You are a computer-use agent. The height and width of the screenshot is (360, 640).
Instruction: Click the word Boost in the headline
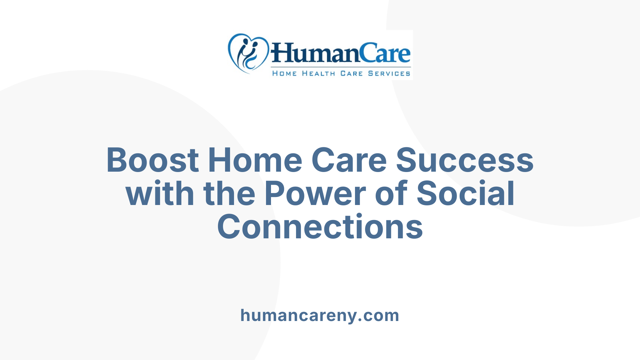click(x=153, y=160)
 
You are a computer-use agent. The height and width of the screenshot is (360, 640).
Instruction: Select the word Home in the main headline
click(x=255, y=160)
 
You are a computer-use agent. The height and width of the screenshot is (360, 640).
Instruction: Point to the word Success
click(x=465, y=160)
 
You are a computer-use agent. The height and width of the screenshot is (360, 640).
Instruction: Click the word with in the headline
click(x=160, y=194)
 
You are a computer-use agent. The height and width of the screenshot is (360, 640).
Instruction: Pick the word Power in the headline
click(x=315, y=194)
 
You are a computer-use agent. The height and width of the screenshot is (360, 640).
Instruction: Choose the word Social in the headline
click(x=466, y=194)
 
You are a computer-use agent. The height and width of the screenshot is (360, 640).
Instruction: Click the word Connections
click(x=320, y=227)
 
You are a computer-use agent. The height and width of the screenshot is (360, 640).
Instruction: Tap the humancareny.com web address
click(x=320, y=315)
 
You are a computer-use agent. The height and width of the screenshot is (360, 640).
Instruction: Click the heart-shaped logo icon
click(x=248, y=53)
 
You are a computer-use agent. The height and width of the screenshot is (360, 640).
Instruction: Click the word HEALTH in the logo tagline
click(x=318, y=73)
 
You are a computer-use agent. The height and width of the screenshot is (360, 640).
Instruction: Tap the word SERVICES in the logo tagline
click(x=389, y=73)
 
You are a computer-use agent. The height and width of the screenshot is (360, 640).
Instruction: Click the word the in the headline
click(x=229, y=194)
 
